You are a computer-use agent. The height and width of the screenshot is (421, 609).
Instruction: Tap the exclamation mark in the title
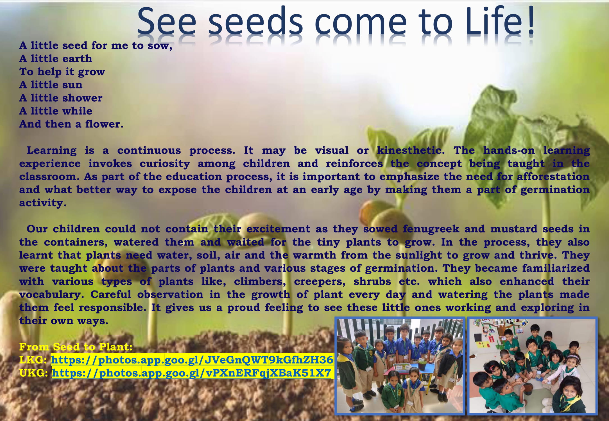coord(531,21)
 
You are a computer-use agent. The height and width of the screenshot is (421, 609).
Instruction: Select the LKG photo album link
coord(192,360)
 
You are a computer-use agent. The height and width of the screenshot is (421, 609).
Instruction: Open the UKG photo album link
coord(192,373)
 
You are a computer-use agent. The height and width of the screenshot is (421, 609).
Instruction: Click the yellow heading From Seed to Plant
coord(76,347)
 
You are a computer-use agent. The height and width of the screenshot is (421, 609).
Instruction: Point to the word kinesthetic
coord(411,150)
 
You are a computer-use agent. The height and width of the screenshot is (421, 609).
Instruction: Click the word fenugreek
coord(431,229)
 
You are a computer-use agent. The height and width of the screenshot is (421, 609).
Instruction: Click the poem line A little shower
coord(61,98)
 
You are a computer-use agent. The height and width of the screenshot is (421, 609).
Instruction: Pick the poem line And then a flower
coord(71,124)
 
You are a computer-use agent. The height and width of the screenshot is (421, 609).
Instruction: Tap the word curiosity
coord(165,164)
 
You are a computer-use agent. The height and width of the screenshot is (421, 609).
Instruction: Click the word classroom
coord(49,177)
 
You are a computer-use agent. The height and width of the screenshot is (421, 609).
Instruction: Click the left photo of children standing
coord(400,366)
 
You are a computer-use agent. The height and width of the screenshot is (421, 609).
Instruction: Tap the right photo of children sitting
coord(533,366)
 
